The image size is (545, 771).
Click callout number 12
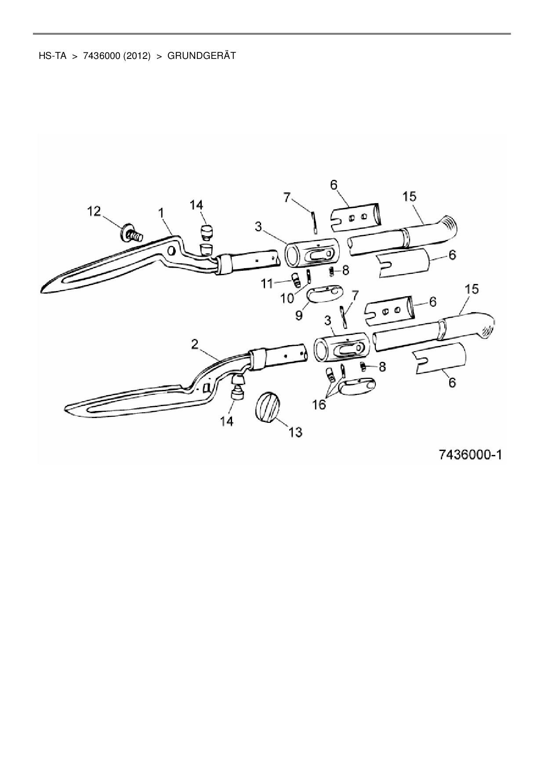94,211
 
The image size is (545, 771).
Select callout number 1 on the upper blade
161,213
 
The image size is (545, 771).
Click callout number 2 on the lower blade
195,345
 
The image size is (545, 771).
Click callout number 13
295,432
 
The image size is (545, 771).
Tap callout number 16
319,405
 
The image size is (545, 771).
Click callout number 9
299,316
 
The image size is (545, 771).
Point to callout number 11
267,284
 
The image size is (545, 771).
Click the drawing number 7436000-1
470,455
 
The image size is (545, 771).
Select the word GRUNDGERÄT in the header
202,56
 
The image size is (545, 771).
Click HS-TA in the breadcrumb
52,56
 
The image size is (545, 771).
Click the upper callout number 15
409,196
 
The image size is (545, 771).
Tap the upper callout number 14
196,205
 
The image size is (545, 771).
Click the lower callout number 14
227,421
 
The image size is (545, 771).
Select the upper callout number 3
258,227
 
